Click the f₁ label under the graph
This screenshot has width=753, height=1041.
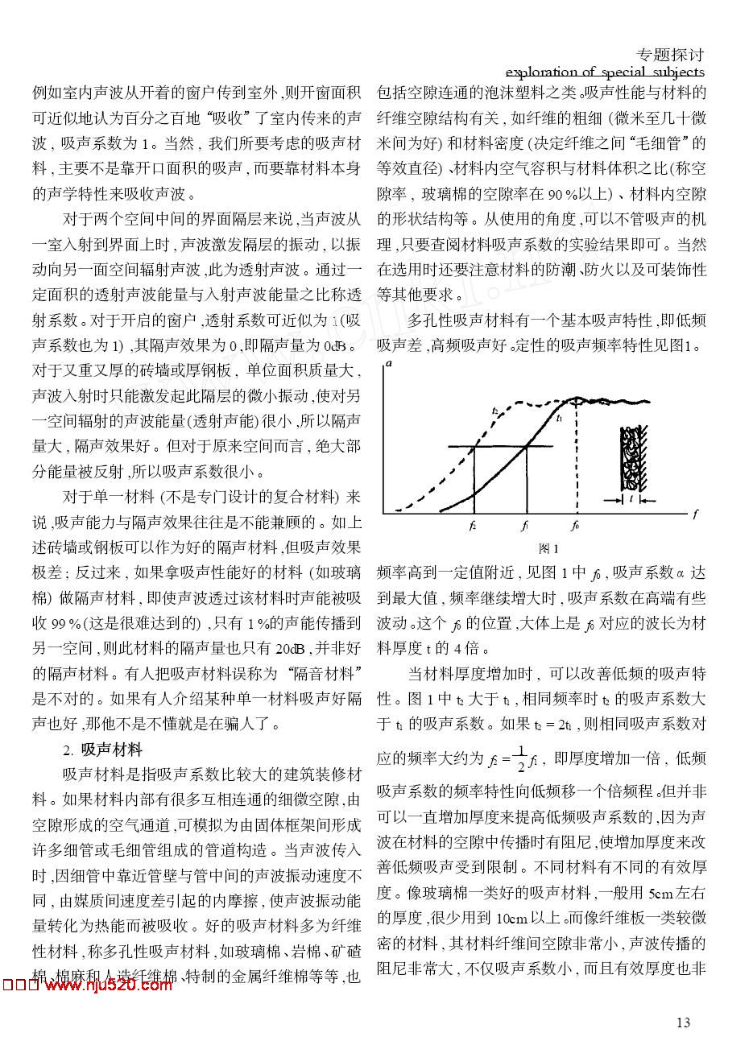[524, 526]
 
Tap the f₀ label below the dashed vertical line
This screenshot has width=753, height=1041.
[574, 526]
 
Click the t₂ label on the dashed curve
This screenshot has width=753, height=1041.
[494, 411]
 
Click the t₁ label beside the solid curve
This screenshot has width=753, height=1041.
[559, 419]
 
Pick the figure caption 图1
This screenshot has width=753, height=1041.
[548, 548]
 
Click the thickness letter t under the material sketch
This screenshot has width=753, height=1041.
[631, 499]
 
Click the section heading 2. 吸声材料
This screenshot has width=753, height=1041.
[103, 750]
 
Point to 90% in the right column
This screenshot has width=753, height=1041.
[562, 193]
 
